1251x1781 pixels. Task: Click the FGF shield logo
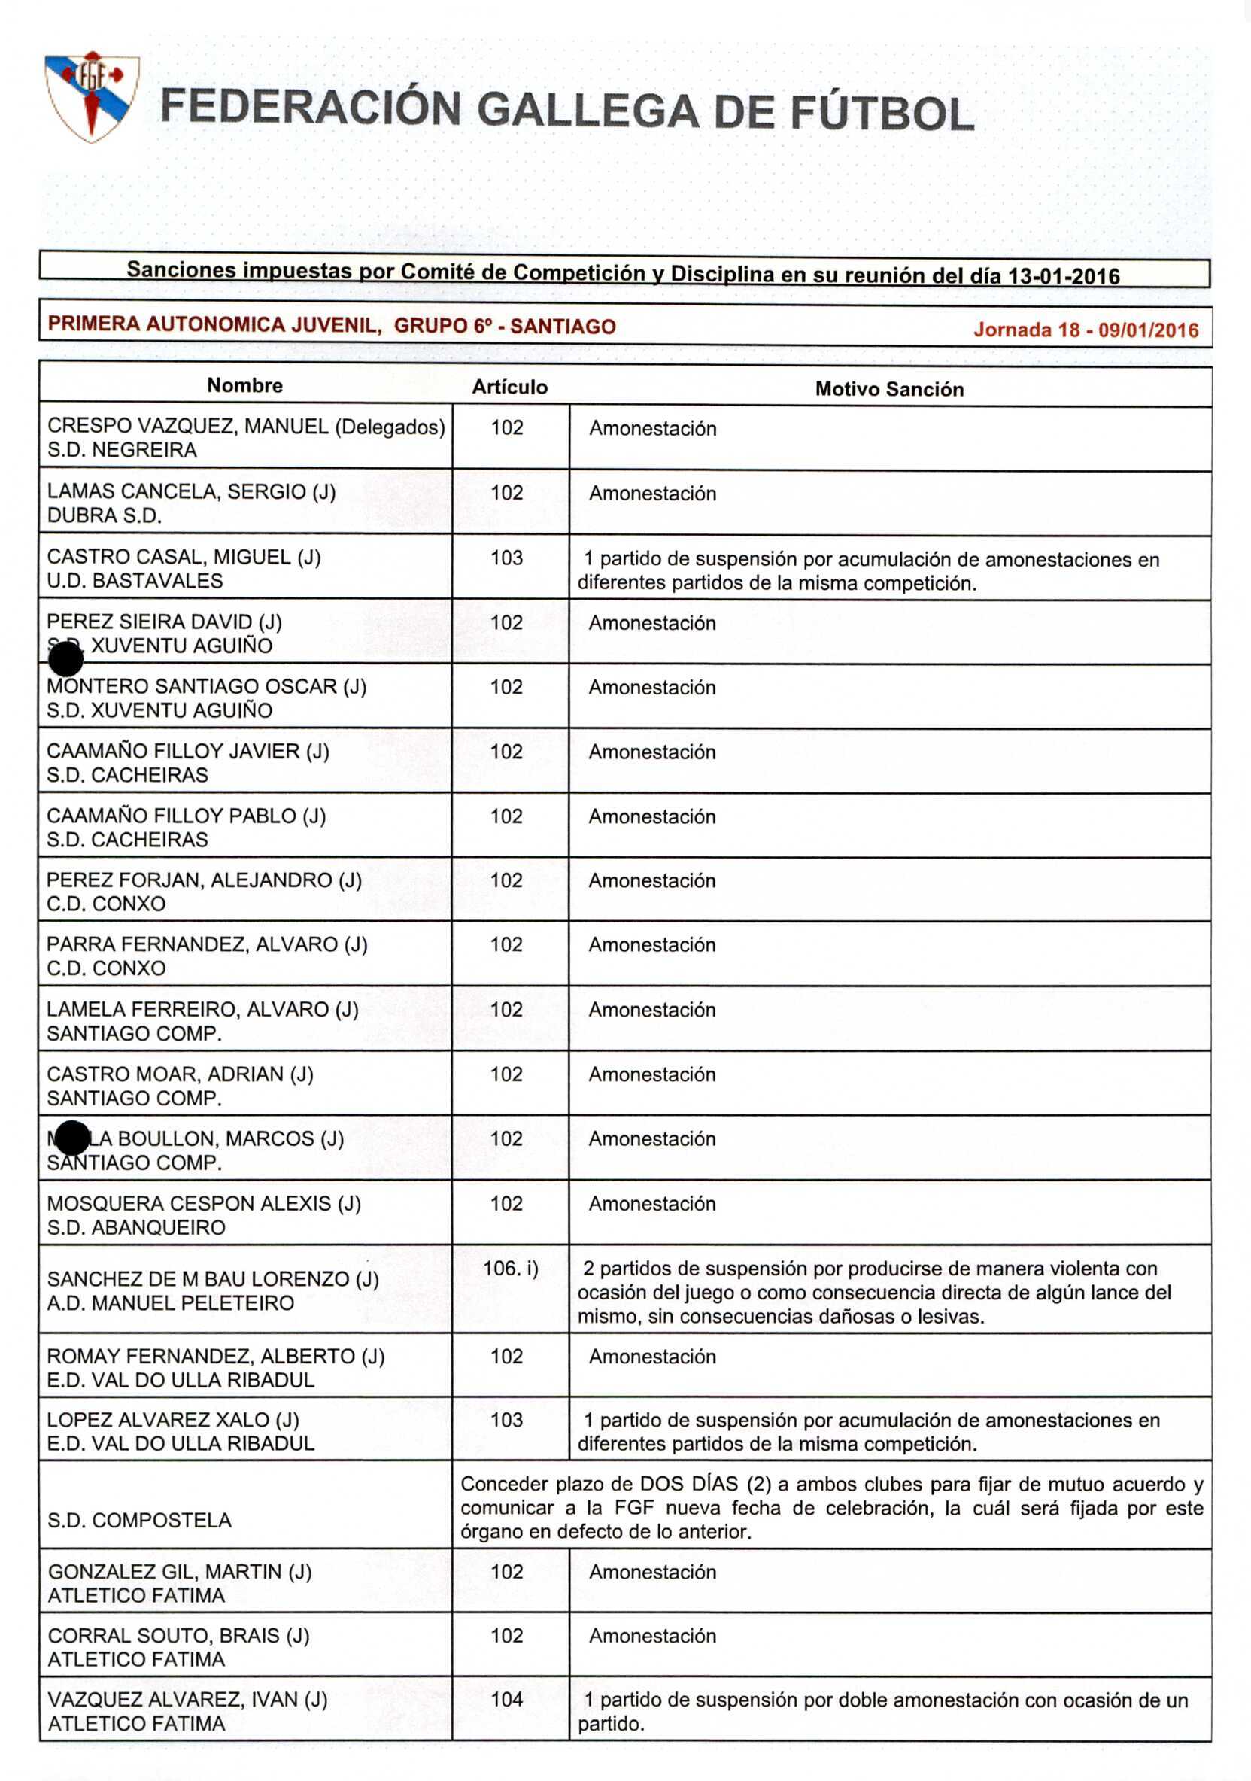(x=92, y=96)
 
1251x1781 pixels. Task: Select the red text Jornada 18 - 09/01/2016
(x=1085, y=330)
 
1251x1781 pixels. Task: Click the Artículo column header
(x=509, y=387)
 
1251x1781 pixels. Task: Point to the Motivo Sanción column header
(x=889, y=388)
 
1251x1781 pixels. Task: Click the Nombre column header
(x=244, y=385)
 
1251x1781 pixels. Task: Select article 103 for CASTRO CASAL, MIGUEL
(x=506, y=558)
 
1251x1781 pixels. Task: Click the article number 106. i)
(x=510, y=1269)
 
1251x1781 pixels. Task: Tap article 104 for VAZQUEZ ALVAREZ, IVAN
(x=507, y=1700)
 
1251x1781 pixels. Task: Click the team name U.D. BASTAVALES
(x=135, y=581)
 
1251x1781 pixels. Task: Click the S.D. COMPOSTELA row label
(x=140, y=1520)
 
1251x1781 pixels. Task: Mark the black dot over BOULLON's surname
(x=73, y=1138)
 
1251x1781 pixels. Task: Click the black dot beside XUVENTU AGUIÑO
(x=66, y=660)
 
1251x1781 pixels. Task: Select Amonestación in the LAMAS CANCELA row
(x=652, y=494)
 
